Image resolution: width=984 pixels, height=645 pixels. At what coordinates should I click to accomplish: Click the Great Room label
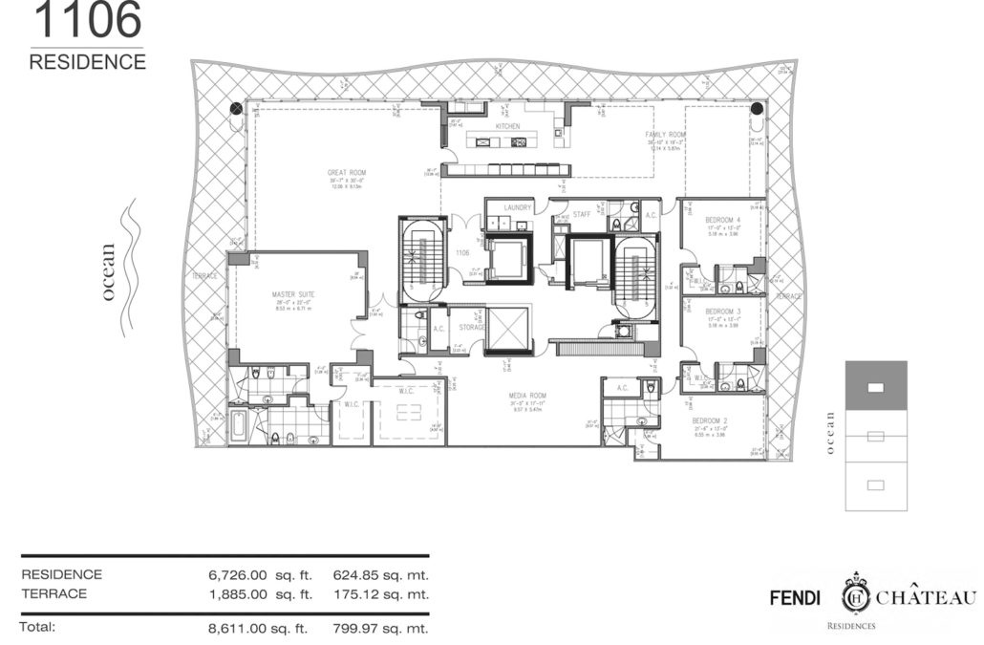point(342,173)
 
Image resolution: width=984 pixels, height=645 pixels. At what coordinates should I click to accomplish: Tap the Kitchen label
point(505,126)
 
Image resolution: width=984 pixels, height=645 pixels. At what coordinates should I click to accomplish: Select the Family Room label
point(665,135)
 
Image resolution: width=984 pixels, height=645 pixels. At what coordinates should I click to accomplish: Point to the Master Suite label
point(293,294)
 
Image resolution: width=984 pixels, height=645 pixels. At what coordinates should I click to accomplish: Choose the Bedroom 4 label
point(723,220)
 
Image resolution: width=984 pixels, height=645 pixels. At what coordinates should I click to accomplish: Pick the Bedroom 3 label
point(723,312)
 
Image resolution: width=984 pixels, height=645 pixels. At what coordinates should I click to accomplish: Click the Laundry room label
point(517,206)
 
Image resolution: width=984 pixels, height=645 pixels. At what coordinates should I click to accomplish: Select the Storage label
point(467,327)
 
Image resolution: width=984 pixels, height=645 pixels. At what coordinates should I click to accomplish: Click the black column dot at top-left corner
point(236,109)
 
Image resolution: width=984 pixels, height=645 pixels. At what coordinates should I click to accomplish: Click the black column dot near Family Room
point(757,109)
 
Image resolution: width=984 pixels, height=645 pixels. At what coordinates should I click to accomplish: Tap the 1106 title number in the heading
point(86,19)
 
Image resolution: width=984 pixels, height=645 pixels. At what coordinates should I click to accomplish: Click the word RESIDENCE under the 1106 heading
point(87,62)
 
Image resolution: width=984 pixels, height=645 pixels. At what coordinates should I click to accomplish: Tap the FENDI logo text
point(799,598)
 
